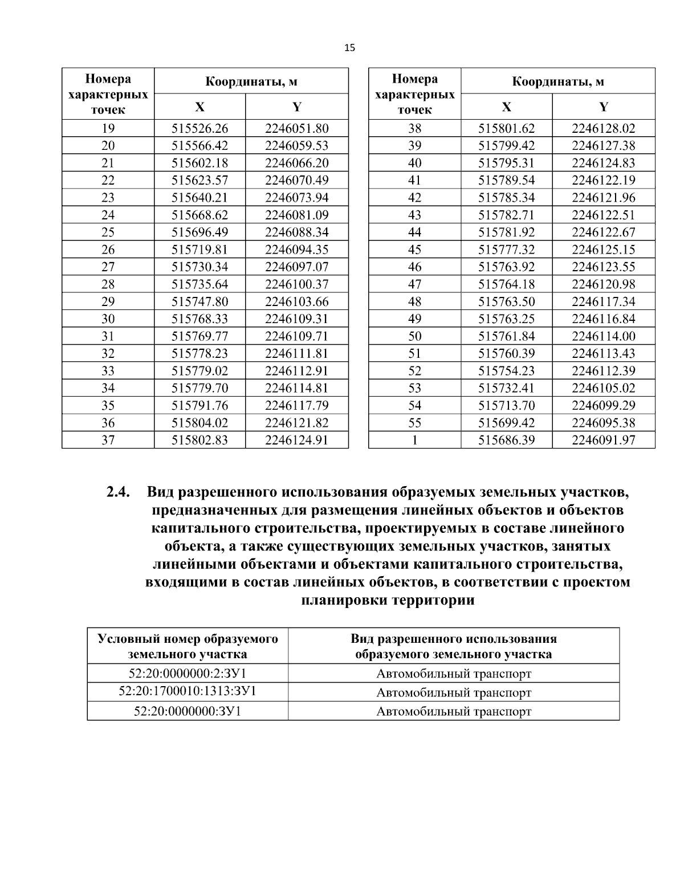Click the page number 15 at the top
349,48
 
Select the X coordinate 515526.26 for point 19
199,128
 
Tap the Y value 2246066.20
296,163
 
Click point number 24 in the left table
108,215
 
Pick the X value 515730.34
199,267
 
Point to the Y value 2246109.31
296,319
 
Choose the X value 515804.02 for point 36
199,423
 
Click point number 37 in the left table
108,440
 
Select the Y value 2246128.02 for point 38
603,128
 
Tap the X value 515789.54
506,180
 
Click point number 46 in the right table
414,267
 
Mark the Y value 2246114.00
603,336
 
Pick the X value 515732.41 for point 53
506,388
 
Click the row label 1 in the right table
414,440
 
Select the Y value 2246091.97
603,440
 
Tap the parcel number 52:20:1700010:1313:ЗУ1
188,691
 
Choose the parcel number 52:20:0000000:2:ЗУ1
188,673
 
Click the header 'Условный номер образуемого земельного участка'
188,646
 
